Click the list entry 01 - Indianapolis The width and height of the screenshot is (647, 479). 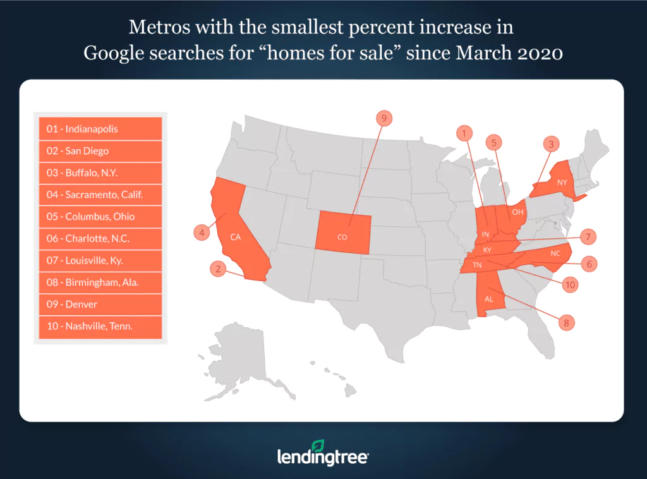coord(100,129)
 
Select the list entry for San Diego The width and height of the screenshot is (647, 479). coord(100,151)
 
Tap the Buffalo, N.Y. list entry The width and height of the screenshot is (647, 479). coord(100,173)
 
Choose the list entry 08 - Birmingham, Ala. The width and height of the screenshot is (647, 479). coord(100,282)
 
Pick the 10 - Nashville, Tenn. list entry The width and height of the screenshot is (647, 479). coord(100,326)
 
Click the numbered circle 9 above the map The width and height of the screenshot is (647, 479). coord(383,118)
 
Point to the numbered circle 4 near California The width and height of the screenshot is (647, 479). coord(201,233)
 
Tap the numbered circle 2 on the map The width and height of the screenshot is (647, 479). coord(218,269)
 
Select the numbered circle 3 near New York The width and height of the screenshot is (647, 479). coord(551,144)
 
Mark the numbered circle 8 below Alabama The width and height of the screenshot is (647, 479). coord(566,322)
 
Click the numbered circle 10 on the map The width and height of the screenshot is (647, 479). coord(570,285)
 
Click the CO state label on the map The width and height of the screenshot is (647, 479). coord(342,237)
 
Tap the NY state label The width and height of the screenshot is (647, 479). coord(561,182)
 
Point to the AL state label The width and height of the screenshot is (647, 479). coord(488,300)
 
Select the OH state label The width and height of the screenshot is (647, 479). coord(517,212)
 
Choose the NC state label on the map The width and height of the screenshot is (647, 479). coord(555,253)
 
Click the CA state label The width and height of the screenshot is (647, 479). coord(235,238)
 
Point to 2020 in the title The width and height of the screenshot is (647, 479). coord(537,53)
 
